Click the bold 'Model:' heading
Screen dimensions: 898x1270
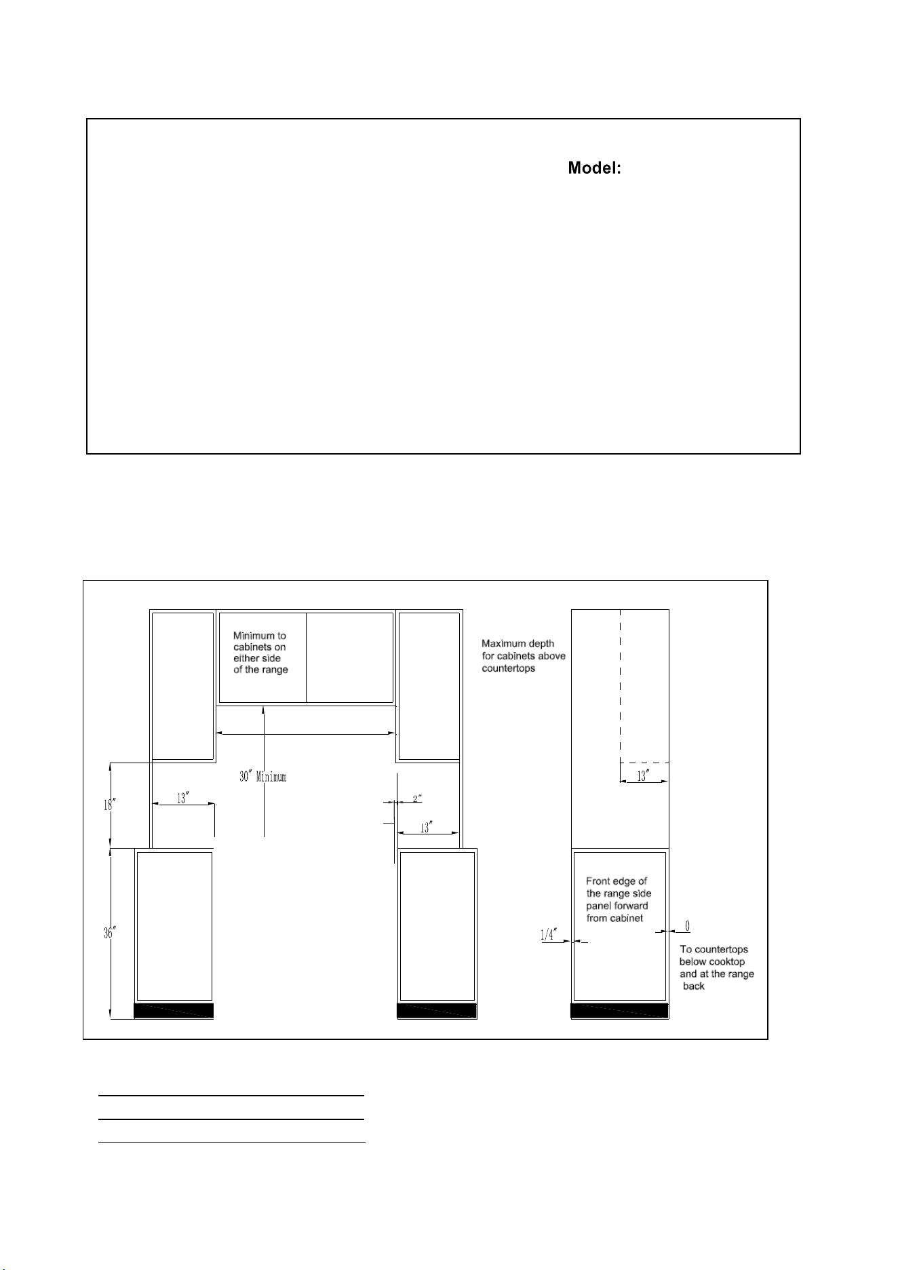click(595, 168)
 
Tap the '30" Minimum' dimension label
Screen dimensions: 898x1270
click(263, 777)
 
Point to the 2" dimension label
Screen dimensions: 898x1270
click(417, 798)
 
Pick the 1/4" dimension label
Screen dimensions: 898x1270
click(548, 935)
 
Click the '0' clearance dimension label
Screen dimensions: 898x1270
click(688, 926)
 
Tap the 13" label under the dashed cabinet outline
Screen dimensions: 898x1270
click(642, 777)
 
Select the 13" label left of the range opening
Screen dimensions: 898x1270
click(182, 798)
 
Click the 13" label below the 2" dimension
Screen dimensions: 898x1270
click(426, 828)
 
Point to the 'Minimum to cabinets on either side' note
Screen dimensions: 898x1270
click(260, 653)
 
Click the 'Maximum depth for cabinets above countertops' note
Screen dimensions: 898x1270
click(524, 655)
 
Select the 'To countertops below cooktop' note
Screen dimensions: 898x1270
click(717, 967)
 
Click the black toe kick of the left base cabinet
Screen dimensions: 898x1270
click(174, 1011)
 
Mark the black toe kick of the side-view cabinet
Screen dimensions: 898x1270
click(620, 1011)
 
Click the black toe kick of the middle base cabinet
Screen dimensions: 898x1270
click(437, 1011)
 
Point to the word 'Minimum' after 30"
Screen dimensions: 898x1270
click(271, 777)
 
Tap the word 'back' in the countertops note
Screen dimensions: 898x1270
click(694, 986)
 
